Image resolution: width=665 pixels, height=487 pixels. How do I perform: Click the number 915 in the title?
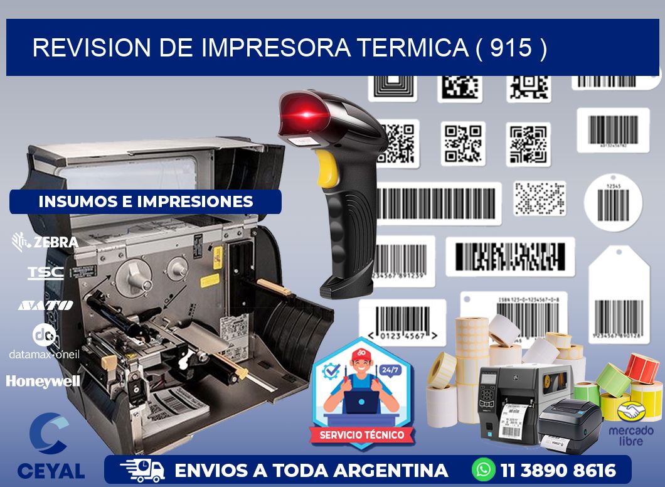point(511,48)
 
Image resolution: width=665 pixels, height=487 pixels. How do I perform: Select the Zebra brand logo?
point(45,242)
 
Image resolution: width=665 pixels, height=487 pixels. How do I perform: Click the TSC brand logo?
point(45,273)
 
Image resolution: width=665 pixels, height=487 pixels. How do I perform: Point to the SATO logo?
point(45,305)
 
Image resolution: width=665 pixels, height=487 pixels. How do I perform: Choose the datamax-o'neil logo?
point(44,343)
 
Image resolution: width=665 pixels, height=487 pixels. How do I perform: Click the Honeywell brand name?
point(43,381)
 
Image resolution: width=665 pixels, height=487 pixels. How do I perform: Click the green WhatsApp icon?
point(483,469)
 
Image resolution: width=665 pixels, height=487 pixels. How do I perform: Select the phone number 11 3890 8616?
point(558,470)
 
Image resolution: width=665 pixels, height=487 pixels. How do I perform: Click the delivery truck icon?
point(142,470)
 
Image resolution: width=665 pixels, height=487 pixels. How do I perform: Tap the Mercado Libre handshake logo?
point(630,412)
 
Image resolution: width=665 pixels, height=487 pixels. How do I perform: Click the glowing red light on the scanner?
point(307,114)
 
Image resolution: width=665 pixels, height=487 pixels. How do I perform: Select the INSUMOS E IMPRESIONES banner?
point(146,201)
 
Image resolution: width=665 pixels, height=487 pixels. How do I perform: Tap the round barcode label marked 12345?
point(612,202)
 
